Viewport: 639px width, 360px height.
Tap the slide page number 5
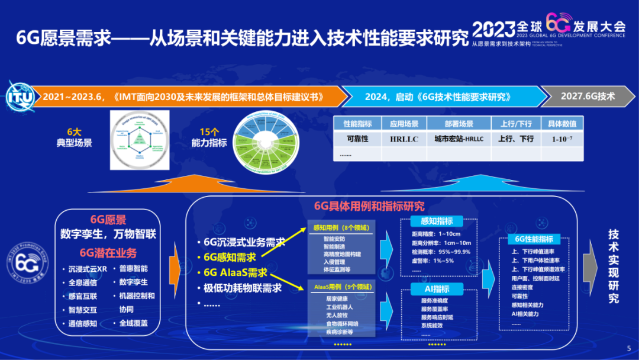pyautogui.click(x=628, y=348)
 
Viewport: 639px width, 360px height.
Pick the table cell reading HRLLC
pyautogui.click(x=404, y=139)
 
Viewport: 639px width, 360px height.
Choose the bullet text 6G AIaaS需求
pyautogui.click(x=235, y=273)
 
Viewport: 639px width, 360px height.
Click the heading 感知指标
pyautogui.click(x=436, y=221)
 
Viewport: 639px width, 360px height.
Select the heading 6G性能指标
pyautogui.click(x=533, y=239)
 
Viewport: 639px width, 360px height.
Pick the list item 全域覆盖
pyautogui.click(x=133, y=323)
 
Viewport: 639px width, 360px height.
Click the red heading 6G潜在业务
pyautogui.click(x=108, y=253)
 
